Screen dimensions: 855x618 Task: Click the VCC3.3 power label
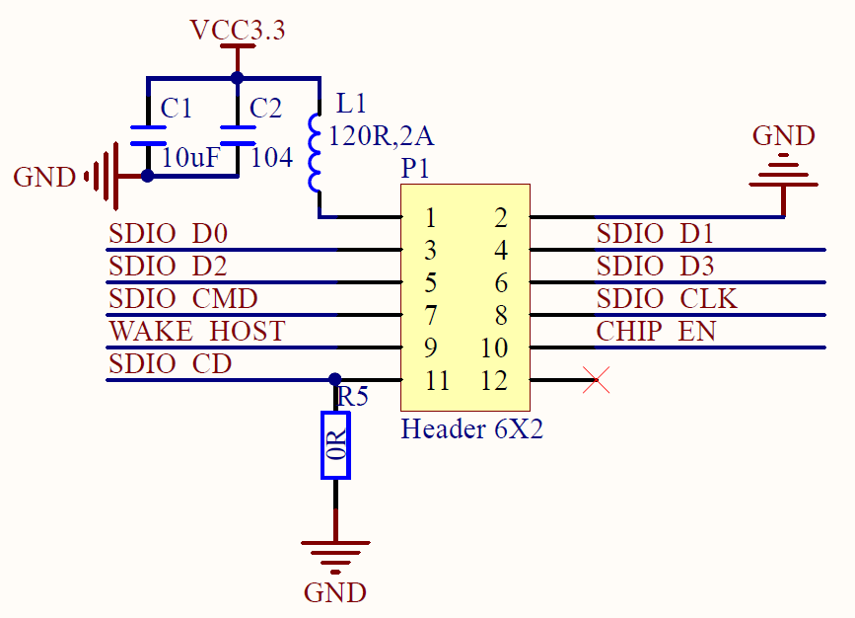tap(238, 30)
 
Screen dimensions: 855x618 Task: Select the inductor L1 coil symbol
tap(314, 153)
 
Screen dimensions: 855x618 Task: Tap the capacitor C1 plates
tap(148, 135)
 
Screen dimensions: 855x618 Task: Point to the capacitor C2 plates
tap(238, 135)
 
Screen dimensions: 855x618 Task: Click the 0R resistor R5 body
tap(335, 445)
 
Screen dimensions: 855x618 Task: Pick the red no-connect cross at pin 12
tap(596, 380)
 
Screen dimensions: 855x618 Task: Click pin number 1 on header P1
tap(431, 218)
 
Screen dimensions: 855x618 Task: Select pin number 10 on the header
tap(494, 348)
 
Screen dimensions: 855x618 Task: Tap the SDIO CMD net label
tap(183, 298)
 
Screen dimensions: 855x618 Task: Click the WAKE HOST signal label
tap(197, 332)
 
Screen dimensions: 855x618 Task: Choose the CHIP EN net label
tap(656, 332)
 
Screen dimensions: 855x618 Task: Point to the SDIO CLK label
tap(667, 298)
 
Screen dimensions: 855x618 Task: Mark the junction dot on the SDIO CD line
tap(335, 379)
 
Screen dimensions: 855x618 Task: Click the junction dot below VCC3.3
tap(238, 78)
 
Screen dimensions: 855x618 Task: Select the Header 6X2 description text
tap(472, 429)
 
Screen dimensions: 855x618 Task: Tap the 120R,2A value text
tap(382, 136)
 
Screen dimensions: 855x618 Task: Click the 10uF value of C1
tap(191, 158)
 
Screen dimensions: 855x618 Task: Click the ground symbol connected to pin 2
tap(784, 171)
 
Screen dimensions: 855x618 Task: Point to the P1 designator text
tap(415, 169)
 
